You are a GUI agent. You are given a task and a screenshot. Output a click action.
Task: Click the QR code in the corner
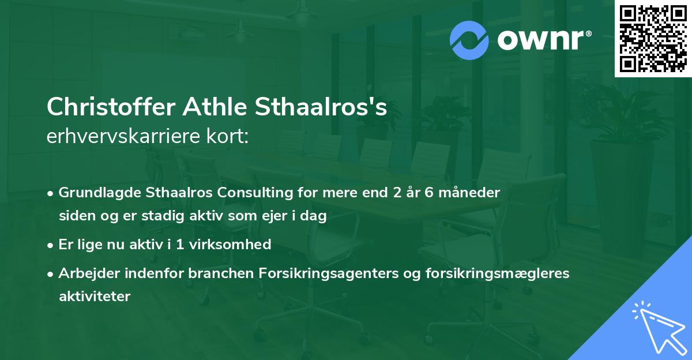point(653,39)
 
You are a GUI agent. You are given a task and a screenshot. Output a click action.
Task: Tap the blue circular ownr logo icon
point(469,40)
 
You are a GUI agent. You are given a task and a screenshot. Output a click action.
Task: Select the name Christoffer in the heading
point(111,107)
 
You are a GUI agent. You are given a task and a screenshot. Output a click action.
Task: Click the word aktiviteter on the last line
point(95,297)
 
